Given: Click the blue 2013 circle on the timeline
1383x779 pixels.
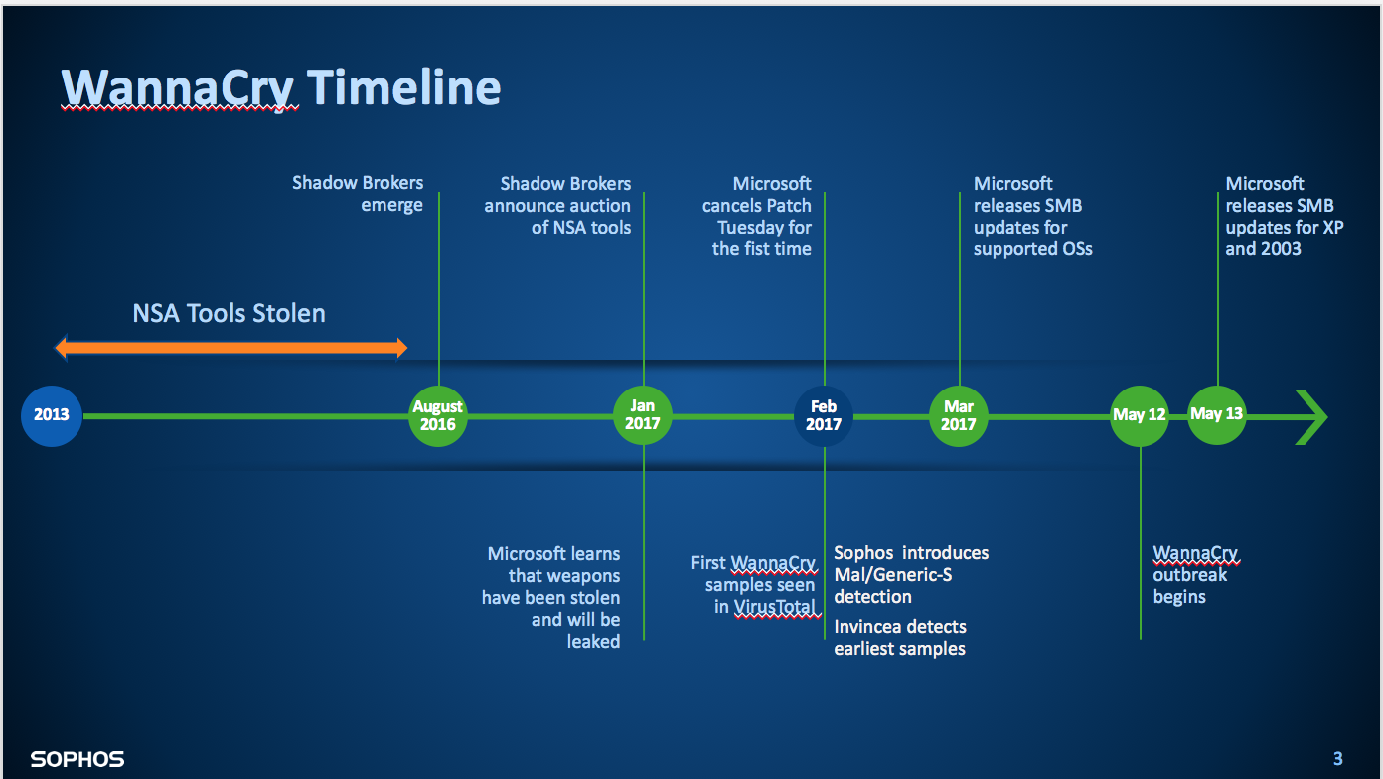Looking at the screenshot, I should pyautogui.click(x=52, y=415).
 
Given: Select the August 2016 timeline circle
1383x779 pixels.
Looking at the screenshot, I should pyautogui.click(x=438, y=415).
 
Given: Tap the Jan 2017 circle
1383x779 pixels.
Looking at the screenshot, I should pyautogui.click(x=643, y=415).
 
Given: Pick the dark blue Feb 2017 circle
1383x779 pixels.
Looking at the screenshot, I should pyautogui.click(x=824, y=415).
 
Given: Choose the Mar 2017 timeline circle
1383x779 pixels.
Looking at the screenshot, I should pyautogui.click(x=959, y=415).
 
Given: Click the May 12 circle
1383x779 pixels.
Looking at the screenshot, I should pyautogui.click(x=1140, y=415).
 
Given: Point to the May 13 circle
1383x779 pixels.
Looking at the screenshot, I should pyautogui.click(x=1217, y=414).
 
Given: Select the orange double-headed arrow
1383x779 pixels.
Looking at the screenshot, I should pyautogui.click(x=230, y=348).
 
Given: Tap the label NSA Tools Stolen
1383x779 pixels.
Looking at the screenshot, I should pyautogui.click(x=230, y=314).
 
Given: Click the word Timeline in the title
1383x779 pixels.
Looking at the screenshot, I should pyautogui.click(x=403, y=87).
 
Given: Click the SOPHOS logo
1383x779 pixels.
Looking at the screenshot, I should pyautogui.click(x=77, y=760).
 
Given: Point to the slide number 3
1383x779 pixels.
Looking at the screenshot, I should pyautogui.click(x=1337, y=759).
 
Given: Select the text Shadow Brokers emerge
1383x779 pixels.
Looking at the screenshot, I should pyautogui.click(x=358, y=194).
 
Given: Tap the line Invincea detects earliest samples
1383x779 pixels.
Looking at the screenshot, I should pyautogui.click(x=900, y=638).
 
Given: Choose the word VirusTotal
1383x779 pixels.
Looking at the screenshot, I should pyautogui.click(x=775, y=607).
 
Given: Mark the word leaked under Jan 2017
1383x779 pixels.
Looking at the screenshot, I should pyautogui.click(x=593, y=642).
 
